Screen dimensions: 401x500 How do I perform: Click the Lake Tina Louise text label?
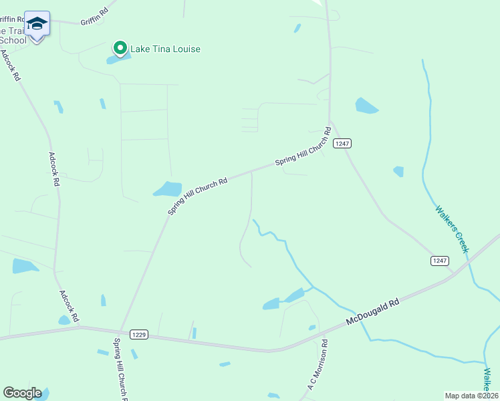[x=165, y=49]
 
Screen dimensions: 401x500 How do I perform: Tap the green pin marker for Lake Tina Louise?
[x=120, y=48]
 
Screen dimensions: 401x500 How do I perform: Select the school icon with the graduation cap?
[x=37, y=24]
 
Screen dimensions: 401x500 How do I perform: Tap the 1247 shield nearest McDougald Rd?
[x=439, y=260]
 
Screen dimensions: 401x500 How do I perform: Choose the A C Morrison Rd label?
[x=318, y=364]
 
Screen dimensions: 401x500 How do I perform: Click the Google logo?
[x=22, y=393]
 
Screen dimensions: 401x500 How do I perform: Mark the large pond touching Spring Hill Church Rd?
[x=168, y=189]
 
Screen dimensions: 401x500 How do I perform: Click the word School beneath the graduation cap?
[x=14, y=40]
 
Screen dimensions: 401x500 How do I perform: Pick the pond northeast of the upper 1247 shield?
[x=366, y=106]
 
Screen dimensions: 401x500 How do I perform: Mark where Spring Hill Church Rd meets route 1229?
[x=120, y=330]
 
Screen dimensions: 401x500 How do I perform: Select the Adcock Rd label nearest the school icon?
[x=10, y=65]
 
